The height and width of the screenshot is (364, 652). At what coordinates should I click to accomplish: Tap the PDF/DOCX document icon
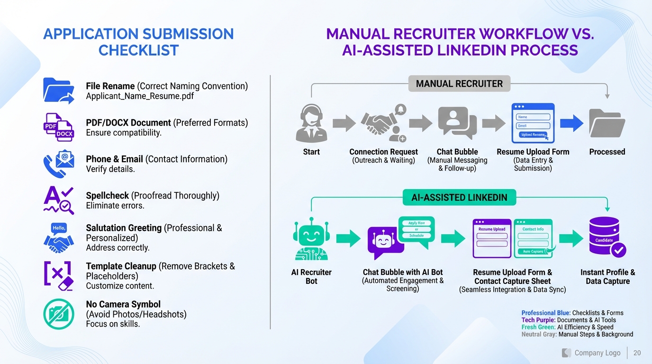[58, 127]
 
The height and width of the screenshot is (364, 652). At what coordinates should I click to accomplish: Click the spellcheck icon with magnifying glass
[58, 200]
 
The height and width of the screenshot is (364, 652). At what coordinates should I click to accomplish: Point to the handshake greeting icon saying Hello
[59, 237]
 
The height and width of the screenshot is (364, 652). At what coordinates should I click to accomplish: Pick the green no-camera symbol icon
[59, 314]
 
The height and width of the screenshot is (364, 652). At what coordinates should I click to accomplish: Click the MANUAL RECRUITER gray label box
[459, 84]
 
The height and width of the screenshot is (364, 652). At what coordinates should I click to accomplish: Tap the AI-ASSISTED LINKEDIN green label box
[459, 198]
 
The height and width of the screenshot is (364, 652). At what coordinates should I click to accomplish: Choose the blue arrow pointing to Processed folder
[572, 123]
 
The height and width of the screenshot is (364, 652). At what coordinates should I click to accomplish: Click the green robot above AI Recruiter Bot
[311, 238]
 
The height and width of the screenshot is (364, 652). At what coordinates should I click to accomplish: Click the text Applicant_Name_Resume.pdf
[140, 96]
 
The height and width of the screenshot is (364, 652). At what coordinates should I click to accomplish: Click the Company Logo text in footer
[597, 353]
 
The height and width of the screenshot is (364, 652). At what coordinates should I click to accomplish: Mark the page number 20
[637, 353]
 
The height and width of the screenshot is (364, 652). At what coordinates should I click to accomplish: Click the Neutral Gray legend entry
[577, 334]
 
